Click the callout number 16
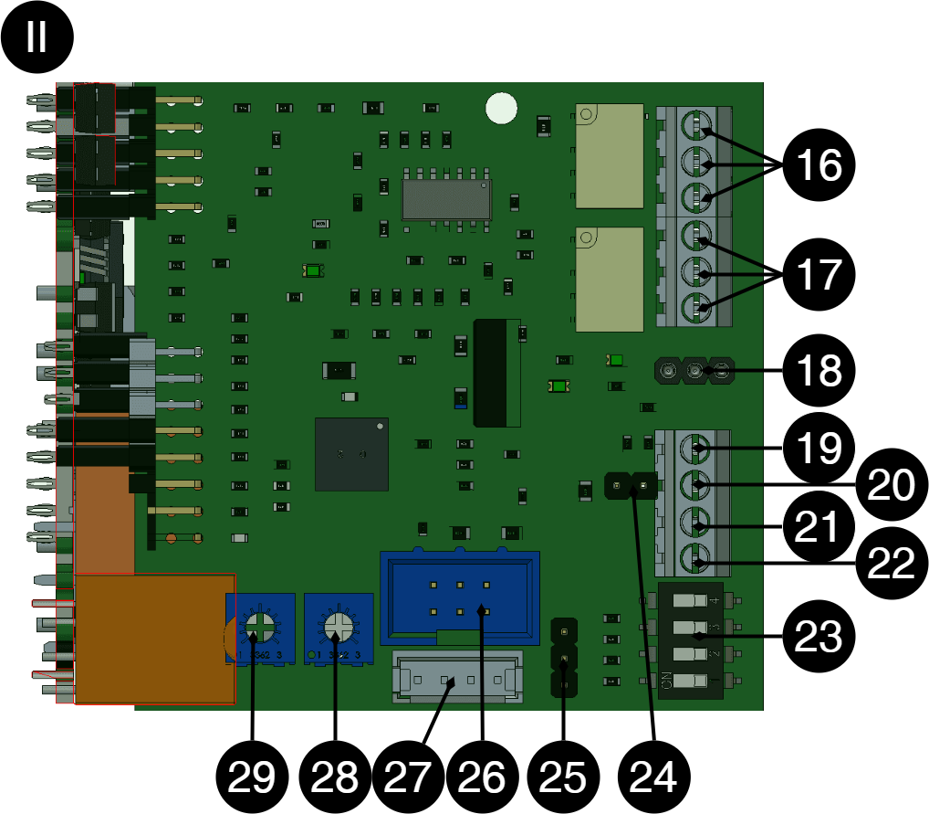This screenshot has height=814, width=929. [x=819, y=165]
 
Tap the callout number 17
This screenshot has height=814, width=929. [x=819, y=274]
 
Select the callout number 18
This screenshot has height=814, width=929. [x=819, y=371]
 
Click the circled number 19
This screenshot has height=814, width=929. [x=819, y=448]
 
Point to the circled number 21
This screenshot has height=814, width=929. [x=819, y=527]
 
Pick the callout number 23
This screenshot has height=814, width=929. [x=818, y=637]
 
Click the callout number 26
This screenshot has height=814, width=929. [x=481, y=777]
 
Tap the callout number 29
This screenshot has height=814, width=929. [x=251, y=777]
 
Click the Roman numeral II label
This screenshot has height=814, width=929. [x=37, y=37]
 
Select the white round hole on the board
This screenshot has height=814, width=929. [x=501, y=108]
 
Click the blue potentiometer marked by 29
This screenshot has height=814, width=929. [x=260, y=628]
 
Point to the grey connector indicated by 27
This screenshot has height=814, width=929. [x=457, y=676]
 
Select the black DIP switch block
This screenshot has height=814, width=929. [x=691, y=640]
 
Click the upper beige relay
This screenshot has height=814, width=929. [x=610, y=155]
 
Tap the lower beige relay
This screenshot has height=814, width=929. [x=610, y=279]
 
